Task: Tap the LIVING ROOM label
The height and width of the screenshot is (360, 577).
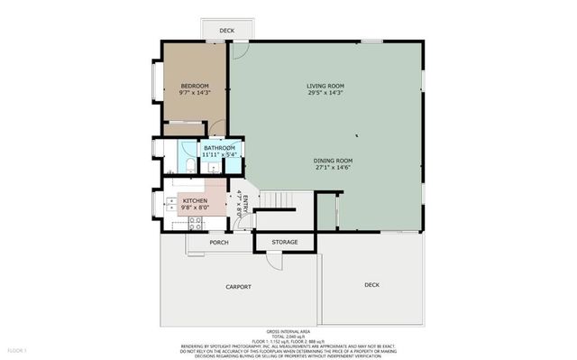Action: [325, 86]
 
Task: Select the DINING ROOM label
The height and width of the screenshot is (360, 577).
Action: [325, 160]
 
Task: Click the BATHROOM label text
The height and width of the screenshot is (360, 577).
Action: [219, 148]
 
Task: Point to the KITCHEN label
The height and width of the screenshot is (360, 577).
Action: [196, 200]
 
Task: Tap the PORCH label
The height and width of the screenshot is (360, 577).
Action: [218, 242]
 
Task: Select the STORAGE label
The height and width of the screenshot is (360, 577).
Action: [285, 242]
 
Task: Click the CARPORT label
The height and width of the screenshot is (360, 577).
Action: [238, 287]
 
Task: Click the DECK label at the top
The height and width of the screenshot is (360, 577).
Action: [226, 31]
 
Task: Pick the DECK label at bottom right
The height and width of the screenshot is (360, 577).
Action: [371, 284]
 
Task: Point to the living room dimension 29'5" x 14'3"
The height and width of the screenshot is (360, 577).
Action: [325, 93]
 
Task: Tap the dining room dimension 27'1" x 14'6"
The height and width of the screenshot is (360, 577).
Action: [325, 167]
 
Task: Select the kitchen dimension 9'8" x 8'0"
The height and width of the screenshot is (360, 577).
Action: [196, 208]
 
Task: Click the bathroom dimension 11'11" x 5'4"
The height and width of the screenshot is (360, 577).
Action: [219, 155]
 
